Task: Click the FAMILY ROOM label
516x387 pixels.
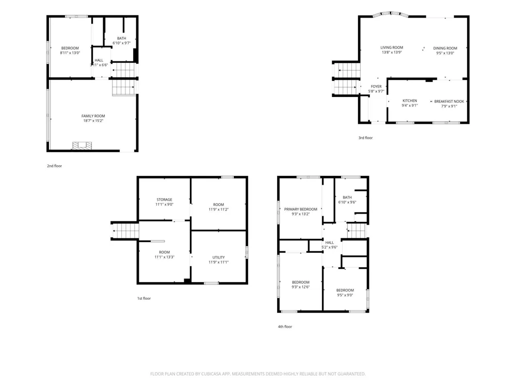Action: coord(93,116)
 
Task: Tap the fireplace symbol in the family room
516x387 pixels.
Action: coord(82,146)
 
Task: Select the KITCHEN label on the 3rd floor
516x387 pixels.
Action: coord(410,101)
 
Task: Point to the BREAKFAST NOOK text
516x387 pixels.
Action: coord(449,101)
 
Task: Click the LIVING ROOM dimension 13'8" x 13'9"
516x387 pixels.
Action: coord(392,52)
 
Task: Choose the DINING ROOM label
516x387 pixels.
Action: coord(445,49)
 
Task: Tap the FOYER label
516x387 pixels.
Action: coord(376,87)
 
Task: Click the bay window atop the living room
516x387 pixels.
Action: coord(391,14)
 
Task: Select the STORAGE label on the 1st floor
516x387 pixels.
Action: coord(164,199)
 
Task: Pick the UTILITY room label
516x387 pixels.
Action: coord(218,257)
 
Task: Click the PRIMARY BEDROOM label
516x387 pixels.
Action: coord(300,209)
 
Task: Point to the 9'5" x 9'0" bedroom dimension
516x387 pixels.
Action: coord(345,295)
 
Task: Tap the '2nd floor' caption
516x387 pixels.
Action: coord(54,166)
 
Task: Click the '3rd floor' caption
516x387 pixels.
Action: coord(365,138)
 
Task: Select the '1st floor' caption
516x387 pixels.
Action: coord(144,298)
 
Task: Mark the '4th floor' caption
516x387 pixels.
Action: coord(285,327)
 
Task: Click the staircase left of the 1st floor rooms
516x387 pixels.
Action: coord(125,231)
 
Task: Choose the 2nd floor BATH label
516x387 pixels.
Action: coord(121,39)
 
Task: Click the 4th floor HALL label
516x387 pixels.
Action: coord(329,243)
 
